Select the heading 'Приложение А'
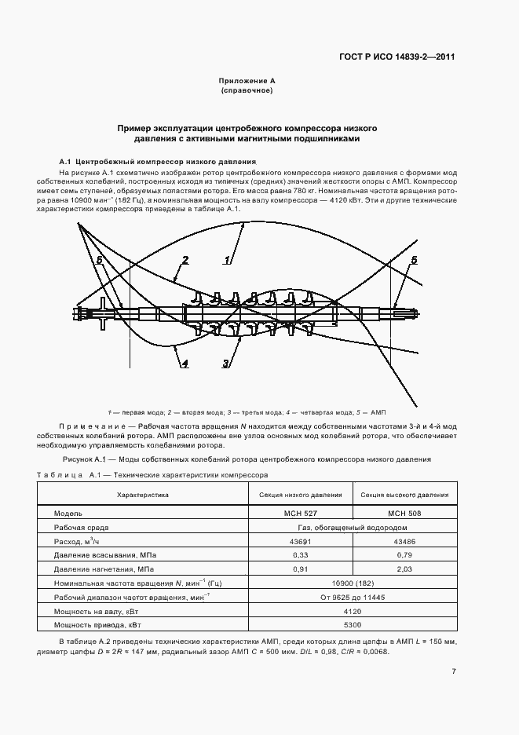pos(247,81)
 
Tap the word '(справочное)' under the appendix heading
pos(247,91)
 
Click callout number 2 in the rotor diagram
pos(185,261)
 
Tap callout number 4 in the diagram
pos(185,363)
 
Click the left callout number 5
pos(99,260)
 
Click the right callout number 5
pos(414,260)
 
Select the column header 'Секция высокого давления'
pos(404,495)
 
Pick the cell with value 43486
pos(404,542)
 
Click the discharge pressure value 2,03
pos(404,569)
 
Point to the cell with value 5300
pos(353,624)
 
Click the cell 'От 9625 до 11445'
pos(353,597)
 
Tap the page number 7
pos(454,671)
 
